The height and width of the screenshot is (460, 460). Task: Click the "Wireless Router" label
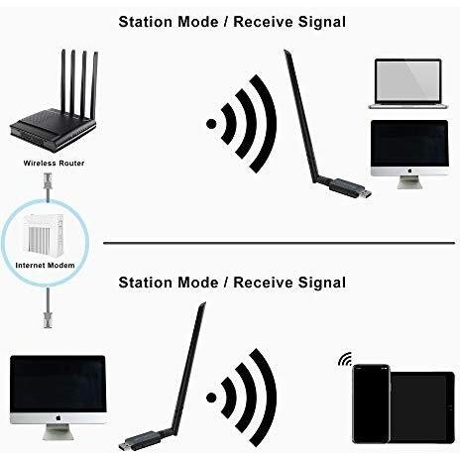point(54,163)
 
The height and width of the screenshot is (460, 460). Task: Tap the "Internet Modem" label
point(45,265)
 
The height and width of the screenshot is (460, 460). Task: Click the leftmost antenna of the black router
point(63,81)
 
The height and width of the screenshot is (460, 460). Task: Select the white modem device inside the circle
point(43,235)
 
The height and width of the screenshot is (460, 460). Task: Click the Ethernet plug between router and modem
point(48,181)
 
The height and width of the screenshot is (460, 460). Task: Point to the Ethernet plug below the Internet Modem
point(48,319)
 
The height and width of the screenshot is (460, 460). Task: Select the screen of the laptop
point(408,81)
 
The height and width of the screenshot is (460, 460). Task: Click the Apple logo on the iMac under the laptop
point(409,171)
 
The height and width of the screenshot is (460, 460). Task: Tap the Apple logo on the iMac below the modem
point(58,418)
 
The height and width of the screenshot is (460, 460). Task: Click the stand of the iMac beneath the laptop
point(409,182)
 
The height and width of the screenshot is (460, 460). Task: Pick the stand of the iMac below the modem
point(57,432)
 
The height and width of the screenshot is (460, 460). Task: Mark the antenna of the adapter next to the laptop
point(300,116)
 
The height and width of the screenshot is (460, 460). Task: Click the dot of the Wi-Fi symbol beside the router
point(211,124)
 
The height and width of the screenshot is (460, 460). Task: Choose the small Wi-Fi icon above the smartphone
point(345,359)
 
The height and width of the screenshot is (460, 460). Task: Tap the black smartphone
point(371,403)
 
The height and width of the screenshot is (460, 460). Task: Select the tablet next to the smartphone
point(422,407)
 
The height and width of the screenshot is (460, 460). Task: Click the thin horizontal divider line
point(279,243)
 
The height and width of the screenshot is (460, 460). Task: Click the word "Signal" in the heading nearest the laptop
point(322,22)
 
